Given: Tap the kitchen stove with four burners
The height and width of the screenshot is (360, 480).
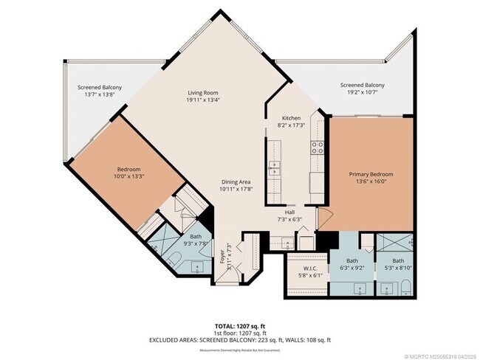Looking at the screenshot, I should coord(318,146).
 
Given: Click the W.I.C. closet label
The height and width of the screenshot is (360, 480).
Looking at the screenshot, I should coord(309,268).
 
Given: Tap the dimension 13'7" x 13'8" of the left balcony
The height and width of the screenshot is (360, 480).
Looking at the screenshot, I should coord(100,95).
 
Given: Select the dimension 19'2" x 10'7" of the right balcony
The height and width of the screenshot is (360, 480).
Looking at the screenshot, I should coord(362,93).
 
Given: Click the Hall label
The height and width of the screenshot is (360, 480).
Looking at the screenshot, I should coord(290,212).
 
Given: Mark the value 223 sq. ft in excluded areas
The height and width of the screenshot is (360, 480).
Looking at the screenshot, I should coord(279,339).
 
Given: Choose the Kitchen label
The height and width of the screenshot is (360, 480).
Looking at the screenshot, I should coord(290,118).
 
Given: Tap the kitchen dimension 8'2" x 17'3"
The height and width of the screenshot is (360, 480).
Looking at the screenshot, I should coord(290,125).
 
